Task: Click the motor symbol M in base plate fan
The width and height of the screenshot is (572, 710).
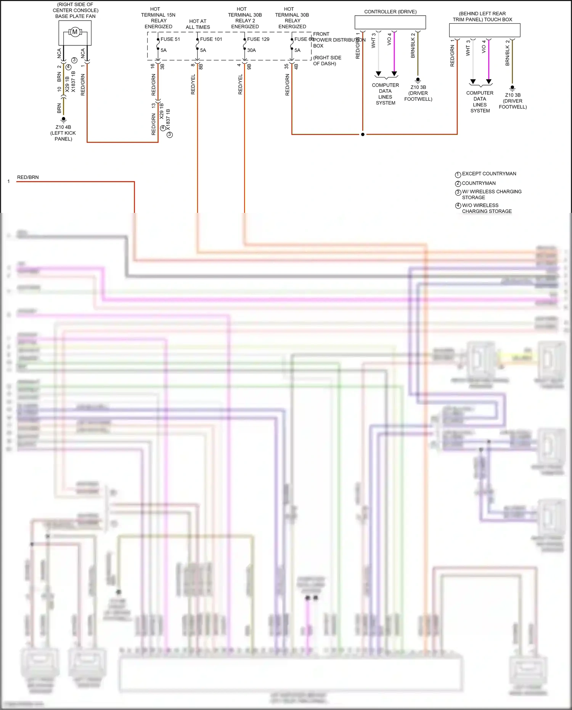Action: point(75,32)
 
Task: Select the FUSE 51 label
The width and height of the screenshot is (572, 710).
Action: point(170,39)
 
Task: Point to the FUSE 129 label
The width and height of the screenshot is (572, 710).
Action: point(258,39)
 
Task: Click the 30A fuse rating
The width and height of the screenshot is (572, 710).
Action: point(251,50)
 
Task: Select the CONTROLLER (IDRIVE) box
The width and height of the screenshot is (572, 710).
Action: point(390,23)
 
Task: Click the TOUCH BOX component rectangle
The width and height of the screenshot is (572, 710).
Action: point(484,30)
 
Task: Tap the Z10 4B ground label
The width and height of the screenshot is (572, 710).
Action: point(63,127)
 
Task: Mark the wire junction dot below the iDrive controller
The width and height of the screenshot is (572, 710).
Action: point(363,134)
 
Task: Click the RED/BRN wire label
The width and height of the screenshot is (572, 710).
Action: point(28,177)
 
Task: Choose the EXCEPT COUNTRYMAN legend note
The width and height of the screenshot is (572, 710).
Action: point(489,174)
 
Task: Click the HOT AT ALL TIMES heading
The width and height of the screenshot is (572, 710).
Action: point(198,24)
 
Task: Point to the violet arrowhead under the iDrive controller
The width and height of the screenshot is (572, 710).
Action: point(394,74)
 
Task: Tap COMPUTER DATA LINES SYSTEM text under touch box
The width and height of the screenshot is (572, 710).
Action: point(480,102)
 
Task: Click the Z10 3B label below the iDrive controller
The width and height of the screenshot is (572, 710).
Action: point(418,87)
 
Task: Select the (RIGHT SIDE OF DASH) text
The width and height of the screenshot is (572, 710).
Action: point(327,61)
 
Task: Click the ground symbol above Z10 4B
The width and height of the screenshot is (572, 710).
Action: point(64,119)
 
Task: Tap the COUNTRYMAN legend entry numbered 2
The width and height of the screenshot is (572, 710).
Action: point(479,184)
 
